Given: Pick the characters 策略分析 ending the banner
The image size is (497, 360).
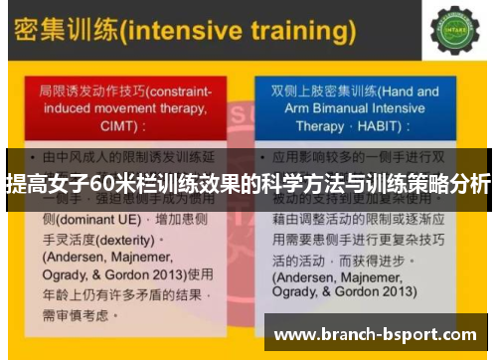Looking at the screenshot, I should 453,184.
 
